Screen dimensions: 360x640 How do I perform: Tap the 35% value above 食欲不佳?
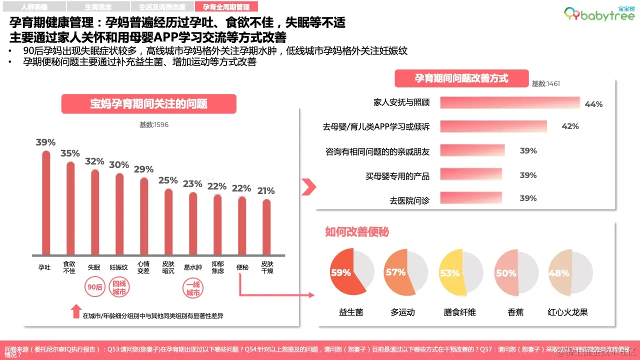point(70,153)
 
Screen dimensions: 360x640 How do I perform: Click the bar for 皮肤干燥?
point(266,227)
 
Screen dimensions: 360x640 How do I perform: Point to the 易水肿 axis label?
point(192,267)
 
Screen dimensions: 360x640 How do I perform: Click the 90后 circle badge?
point(95,287)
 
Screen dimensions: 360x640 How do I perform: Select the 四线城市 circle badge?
point(119,287)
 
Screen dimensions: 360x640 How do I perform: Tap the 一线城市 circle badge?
point(192,287)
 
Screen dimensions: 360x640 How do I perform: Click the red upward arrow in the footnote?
point(75,311)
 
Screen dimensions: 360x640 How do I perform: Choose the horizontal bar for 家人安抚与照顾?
point(510,102)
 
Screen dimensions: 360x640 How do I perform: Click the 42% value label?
point(570,126)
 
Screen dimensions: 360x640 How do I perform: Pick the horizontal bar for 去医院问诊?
point(470,198)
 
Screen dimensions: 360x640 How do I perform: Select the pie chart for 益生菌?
point(352,273)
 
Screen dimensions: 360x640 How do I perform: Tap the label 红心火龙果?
point(567,312)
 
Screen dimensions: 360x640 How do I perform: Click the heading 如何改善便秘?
point(357,232)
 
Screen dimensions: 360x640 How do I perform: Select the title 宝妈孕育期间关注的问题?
point(148,104)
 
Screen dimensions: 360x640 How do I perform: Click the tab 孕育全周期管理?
point(226,7)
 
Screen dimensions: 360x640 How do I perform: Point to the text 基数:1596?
point(154,125)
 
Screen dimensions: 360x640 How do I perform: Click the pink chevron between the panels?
point(308,187)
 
